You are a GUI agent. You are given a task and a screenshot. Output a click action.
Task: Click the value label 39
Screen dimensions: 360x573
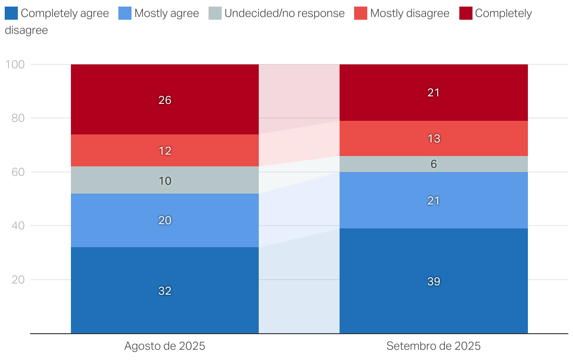coord(434,282)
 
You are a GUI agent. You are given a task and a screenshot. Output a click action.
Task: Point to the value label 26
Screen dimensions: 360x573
coord(165,100)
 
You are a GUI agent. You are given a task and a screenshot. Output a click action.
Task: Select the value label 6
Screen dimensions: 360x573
coord(434,164)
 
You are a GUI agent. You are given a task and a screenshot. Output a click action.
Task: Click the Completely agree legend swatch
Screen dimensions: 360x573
coord(11,13)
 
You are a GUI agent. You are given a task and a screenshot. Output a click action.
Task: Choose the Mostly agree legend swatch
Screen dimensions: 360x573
coord(124,13)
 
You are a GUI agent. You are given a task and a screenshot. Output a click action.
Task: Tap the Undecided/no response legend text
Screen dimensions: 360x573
coord(284,13)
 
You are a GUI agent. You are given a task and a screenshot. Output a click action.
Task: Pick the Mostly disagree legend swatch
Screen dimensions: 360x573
coord(360,13)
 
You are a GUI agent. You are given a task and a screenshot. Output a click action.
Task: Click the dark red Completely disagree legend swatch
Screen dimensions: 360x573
coord(465,13)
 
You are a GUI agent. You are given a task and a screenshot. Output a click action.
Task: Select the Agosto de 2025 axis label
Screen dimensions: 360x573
coord(165,346)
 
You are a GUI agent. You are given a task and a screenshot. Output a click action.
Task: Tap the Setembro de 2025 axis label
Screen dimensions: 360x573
coord(434,346)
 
